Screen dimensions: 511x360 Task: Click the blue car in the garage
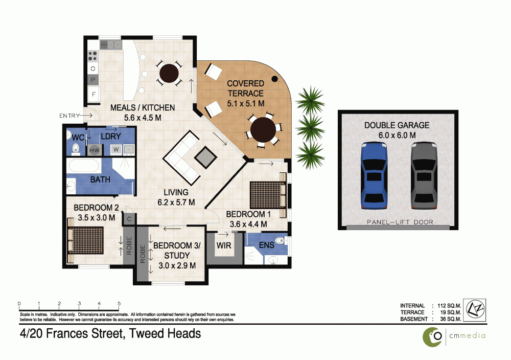374,175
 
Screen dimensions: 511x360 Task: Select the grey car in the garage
424,175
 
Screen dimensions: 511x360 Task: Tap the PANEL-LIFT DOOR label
400,222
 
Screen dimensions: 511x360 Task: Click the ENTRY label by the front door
69,116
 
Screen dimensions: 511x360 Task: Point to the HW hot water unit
95,150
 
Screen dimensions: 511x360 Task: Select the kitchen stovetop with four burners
92,56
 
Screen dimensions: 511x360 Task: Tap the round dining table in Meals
169,73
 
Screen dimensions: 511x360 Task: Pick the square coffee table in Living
205,157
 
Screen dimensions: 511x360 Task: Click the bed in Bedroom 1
268,195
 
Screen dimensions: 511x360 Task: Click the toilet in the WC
76,148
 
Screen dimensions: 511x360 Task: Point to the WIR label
224,245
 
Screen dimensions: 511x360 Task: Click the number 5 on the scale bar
119,304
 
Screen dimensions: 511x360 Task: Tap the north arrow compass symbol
475,309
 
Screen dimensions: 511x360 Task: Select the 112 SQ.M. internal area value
449,306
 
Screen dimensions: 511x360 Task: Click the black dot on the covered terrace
275,79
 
